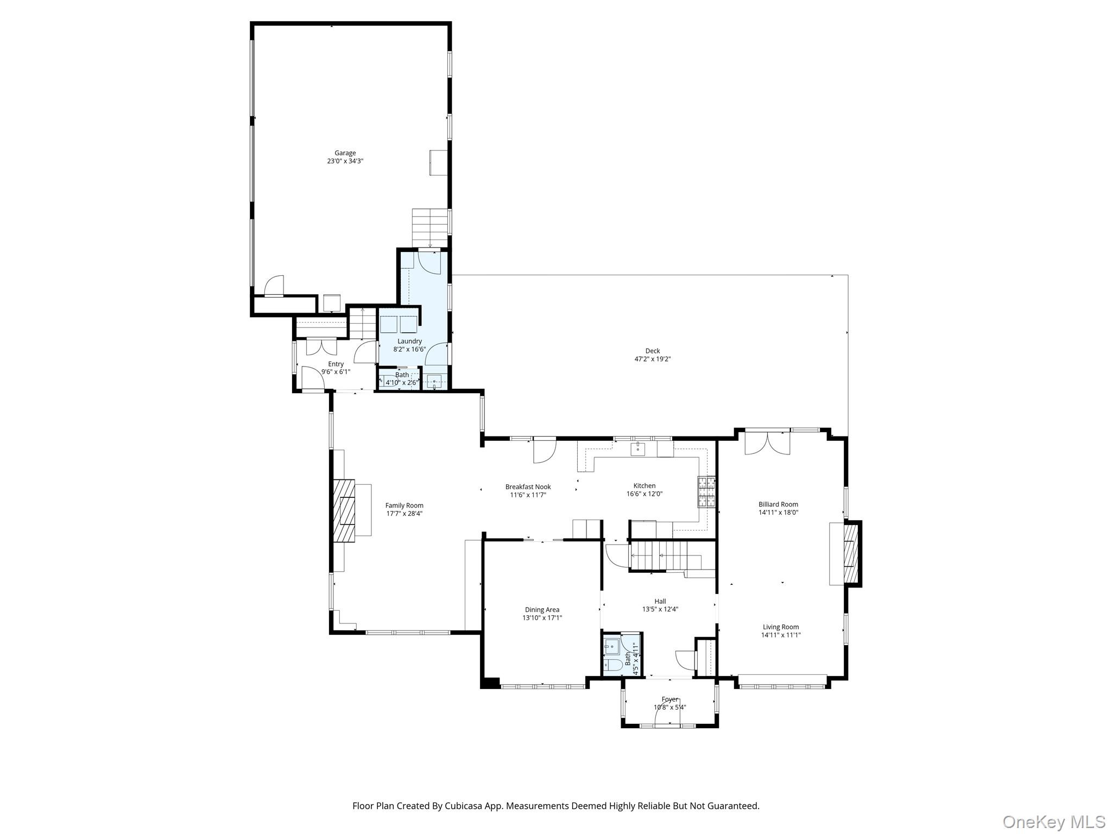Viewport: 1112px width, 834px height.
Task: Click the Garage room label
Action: pos(345,153)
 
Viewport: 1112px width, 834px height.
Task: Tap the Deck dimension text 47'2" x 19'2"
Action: pos(652,359)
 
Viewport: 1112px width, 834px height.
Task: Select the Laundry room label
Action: pos(409,341)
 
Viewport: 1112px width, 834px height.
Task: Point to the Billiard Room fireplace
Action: pos(850,553)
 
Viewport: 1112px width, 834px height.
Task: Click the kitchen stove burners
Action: pos(706,491)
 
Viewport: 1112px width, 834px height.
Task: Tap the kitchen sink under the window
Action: pos(637,449)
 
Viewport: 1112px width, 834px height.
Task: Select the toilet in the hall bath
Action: pos(613,665)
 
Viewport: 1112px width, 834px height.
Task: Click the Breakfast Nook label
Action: pos(528,487)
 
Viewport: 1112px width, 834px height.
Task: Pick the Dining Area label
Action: pos(542,610)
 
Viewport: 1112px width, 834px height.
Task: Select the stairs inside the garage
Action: pos(429,228)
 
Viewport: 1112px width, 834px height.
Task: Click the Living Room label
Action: pos(780,627)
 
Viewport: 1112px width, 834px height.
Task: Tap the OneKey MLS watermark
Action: pos(1053,822)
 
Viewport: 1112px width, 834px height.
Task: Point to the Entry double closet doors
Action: pos(321,347)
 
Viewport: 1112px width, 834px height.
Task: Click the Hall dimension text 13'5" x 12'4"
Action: pos(660,609)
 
